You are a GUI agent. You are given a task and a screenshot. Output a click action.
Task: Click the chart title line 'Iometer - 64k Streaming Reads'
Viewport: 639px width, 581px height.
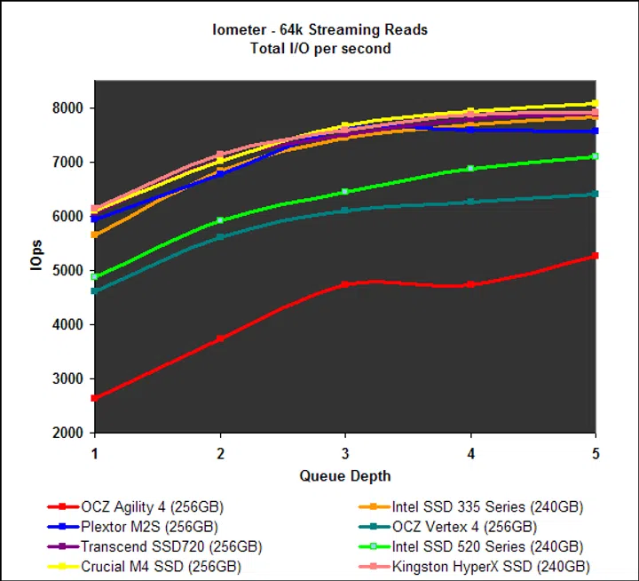319,30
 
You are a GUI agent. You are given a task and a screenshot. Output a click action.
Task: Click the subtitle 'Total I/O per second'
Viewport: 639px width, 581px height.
319,47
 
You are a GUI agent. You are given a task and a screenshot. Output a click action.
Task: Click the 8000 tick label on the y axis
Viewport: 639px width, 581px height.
67,108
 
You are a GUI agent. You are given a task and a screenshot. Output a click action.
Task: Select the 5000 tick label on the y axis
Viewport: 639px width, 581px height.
67,271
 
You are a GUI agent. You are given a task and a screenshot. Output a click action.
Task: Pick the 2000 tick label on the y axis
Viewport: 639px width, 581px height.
67,434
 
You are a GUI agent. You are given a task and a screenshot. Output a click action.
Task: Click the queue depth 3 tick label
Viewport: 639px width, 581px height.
345,453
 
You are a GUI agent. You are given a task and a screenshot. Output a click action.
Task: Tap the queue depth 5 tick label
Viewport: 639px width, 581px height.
596,453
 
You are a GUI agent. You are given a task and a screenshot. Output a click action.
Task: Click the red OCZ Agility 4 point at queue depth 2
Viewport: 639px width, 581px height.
220,338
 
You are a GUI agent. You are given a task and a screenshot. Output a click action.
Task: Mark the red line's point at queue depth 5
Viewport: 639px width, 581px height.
595,256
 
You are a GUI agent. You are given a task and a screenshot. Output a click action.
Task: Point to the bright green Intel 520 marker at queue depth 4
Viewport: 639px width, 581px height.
470,168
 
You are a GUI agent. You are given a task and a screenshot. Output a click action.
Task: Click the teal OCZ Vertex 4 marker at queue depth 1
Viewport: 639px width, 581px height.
95,290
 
